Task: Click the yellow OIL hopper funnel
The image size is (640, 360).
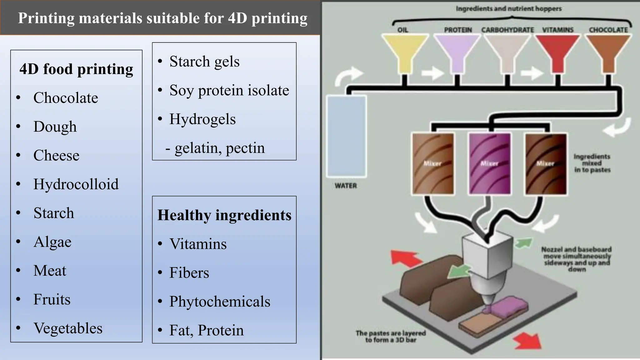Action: (404, 52)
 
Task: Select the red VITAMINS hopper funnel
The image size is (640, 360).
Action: (557, 52)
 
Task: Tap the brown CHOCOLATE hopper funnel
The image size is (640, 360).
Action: (608, 52)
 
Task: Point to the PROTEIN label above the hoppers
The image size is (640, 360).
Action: (458, 30)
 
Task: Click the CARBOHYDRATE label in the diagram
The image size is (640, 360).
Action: (507, 30)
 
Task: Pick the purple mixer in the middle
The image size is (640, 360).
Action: (489, 163)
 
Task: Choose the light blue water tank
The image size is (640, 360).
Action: (346, 136)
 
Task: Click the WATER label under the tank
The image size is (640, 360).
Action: (346, 186)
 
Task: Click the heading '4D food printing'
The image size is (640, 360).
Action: (76, 69)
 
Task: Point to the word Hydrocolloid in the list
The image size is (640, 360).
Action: (76, 184)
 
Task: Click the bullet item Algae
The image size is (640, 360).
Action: (52, 242)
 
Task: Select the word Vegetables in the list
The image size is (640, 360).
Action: (68, 328)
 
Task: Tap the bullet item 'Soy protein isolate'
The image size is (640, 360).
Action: (229, 90)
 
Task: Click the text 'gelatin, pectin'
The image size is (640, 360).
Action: (219, 148)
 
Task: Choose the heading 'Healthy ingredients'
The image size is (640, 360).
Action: (224, 215)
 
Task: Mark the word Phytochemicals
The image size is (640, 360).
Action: (220, 302)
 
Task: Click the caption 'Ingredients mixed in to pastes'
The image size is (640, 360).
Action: (592, 163)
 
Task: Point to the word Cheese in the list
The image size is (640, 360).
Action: (56, 155)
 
